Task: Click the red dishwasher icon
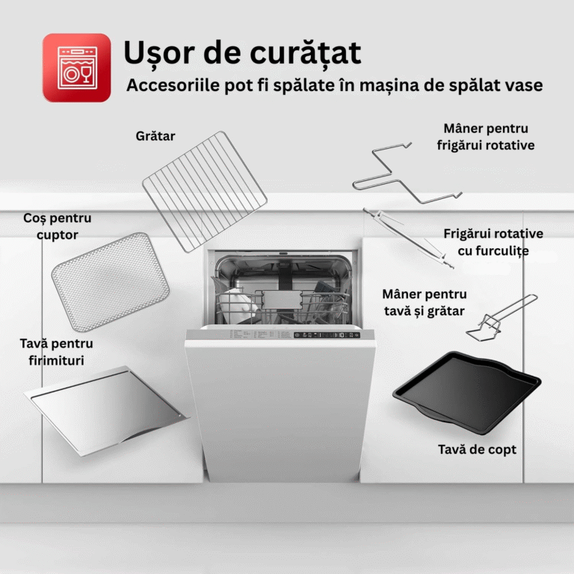click(x=76, y=68)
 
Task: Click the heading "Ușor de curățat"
click(x=242, y=54)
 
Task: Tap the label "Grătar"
click(x=155, y=136)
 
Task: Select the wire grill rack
click(x=205, y=191)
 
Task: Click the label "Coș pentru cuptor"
click(x=57, y=226)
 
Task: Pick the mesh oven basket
click(x=110, y=282)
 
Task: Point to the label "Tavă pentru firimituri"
click(x=56, y=352)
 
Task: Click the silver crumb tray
click(x=106, y=411)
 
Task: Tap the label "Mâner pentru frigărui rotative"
click(x=485, y=137)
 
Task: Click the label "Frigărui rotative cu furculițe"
click(x=493, y=242)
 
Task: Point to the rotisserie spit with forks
click(x=409, y=238)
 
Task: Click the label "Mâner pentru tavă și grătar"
click(x=425, y=303)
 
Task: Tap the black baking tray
click(x=466, y=393)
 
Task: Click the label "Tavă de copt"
click(x=477, y=449)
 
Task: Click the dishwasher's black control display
click(x=327, y=335)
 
